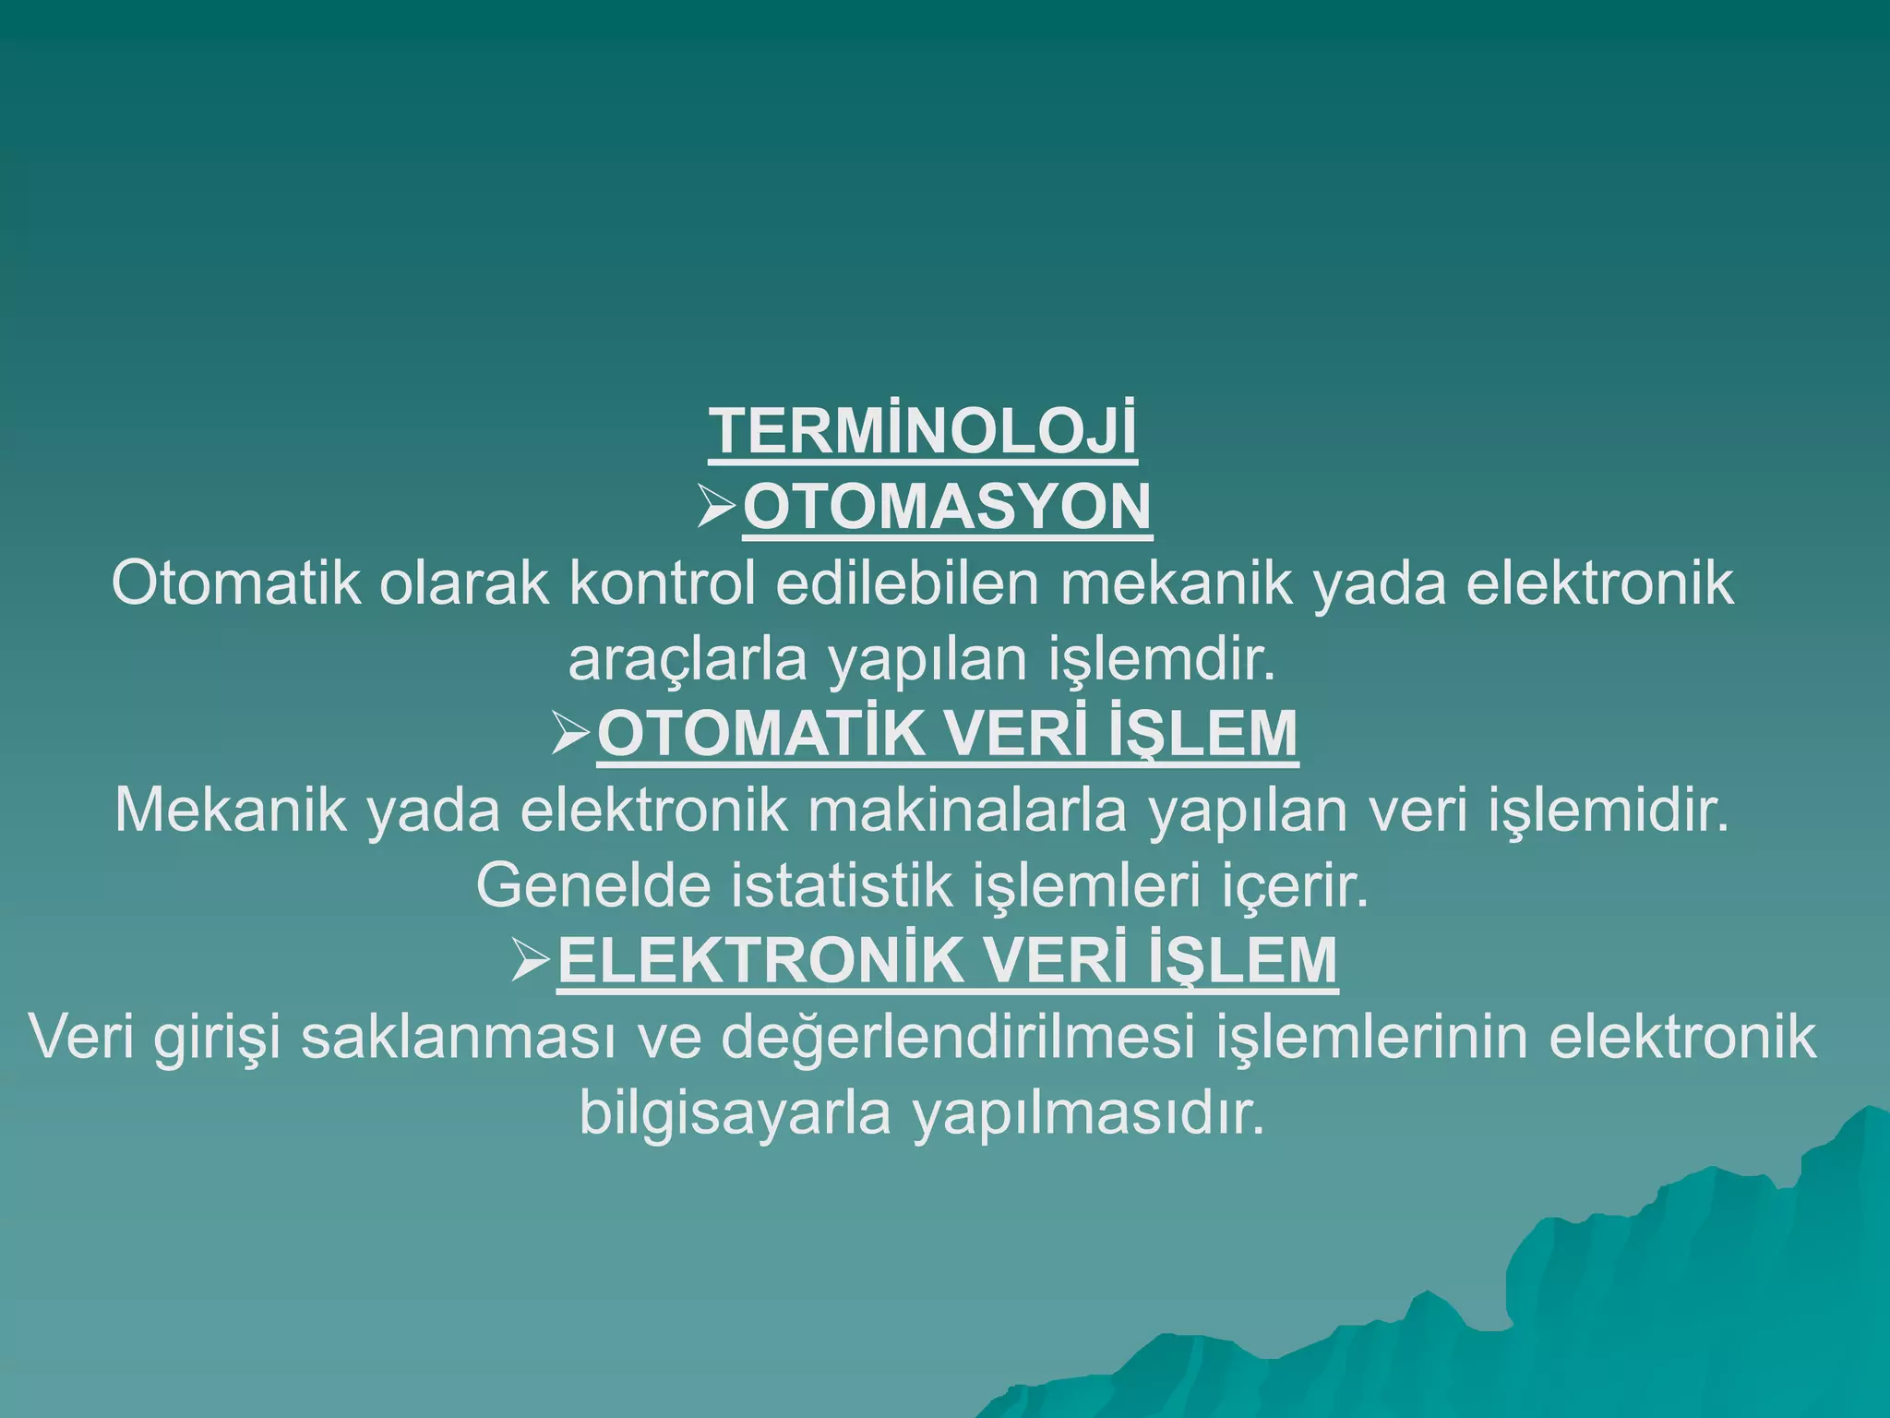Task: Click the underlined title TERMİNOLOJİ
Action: point(923,431)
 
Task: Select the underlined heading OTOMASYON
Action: point(947,507)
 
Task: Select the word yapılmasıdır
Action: point(1088,1113)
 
